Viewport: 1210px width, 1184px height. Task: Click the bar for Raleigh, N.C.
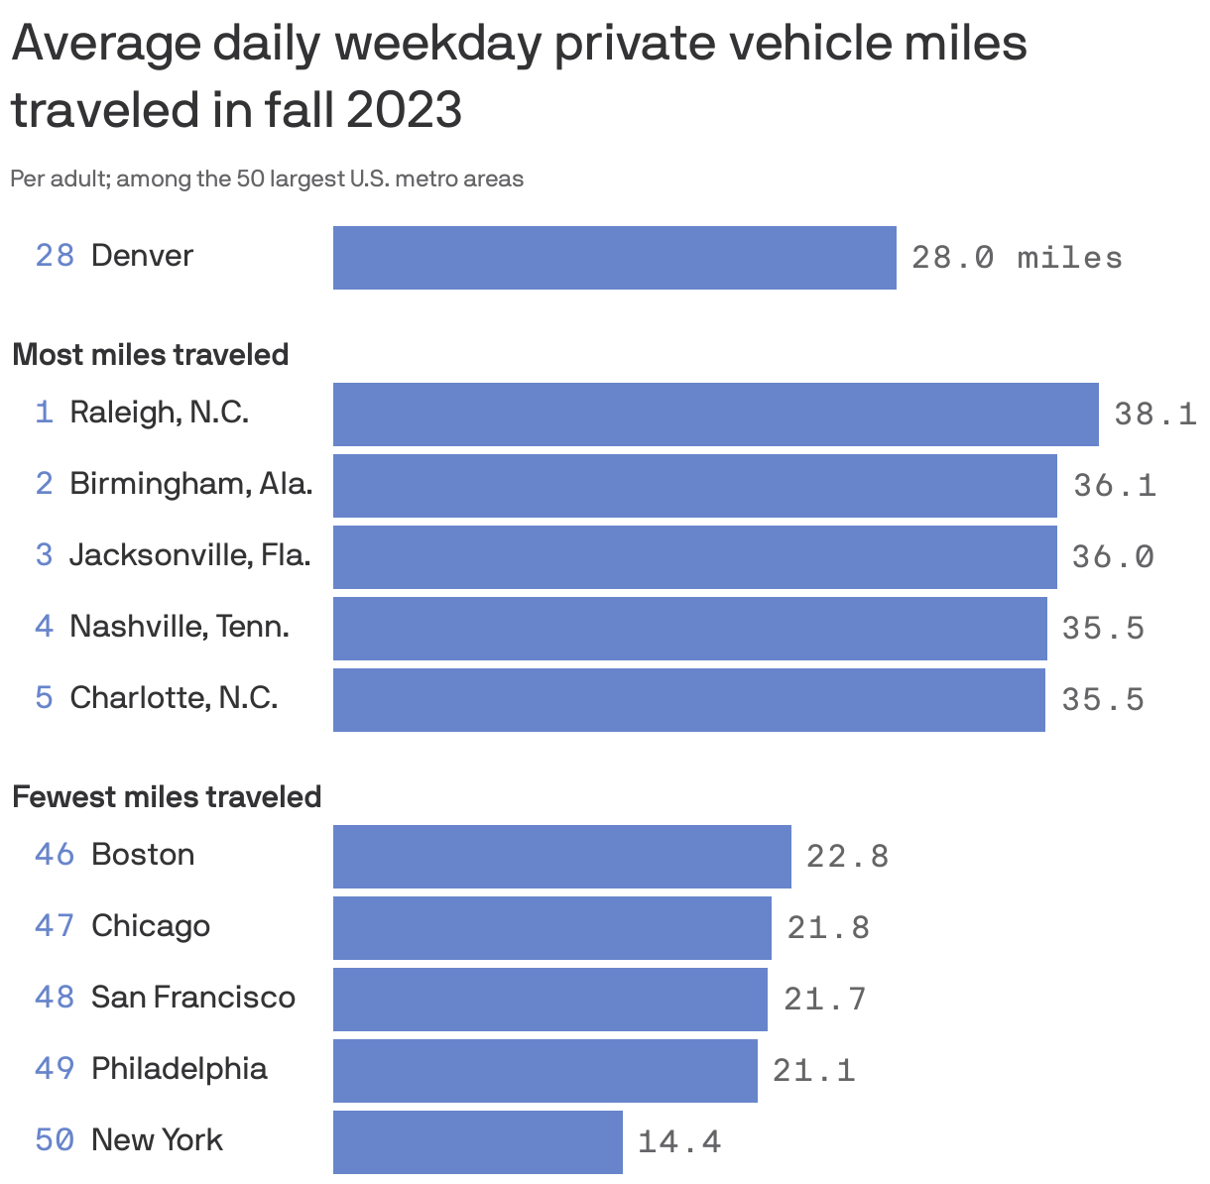coord(715,414)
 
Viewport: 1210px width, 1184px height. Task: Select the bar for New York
coord(477,1142)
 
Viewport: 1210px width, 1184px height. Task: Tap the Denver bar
coord(614,258)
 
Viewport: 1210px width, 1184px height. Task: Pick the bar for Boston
coord(561,857)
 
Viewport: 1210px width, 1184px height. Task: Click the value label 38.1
coord(1154,414)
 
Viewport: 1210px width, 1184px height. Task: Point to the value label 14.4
coord(678,1142)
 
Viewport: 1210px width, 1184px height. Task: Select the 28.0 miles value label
coord(1017,258)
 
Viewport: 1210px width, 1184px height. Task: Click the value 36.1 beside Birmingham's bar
coord(1115,486)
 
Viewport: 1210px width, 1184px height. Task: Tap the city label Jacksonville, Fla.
coord(189,555)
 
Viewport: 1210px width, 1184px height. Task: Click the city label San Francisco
coord(192,998)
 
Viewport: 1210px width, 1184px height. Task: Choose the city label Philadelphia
coord(179,1069)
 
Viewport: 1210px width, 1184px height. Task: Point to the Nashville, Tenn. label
coord(179,627)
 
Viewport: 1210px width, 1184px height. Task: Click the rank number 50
coord(55,1140)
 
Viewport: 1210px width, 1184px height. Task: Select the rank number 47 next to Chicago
coord(55,926)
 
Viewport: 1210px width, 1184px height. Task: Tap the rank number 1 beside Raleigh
coord(44,413)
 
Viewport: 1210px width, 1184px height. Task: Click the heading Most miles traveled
coord(150,355)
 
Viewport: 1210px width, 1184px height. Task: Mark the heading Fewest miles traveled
coord(167,797)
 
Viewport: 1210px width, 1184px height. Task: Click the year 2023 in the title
coord(404,109)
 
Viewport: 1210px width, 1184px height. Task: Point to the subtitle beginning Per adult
coord(266,179)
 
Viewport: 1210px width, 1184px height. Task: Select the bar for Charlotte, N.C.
coord(688,700)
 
